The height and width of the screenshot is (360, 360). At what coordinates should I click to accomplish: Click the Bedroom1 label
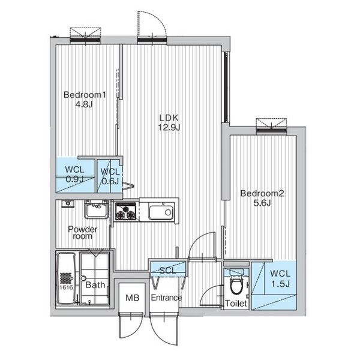coord(85,95)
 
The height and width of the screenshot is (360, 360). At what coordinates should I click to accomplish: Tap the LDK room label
coord(169,118)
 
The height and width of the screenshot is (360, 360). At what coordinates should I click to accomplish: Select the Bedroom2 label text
coord(262,193)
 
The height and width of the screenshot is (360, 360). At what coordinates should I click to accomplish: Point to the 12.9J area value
coord(169,127)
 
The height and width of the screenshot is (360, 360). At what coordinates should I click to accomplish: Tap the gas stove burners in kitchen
coord(125,211)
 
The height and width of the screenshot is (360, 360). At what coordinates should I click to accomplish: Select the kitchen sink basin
coord(161,212)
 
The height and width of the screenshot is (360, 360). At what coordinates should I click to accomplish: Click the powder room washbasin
coord(96,209)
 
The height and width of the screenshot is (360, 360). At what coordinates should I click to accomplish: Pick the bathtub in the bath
coord(66,278)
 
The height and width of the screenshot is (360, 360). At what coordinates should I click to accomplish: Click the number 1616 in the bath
coord(67,287)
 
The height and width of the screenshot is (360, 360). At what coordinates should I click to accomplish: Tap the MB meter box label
coord(133,298)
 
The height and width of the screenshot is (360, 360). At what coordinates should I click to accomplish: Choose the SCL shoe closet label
coord(168,271)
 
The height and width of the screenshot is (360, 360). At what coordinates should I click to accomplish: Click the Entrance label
coord(166,298)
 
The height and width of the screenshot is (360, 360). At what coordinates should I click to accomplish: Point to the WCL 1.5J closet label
coord(280,279)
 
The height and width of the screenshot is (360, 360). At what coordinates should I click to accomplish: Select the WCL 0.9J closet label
coord(74,174)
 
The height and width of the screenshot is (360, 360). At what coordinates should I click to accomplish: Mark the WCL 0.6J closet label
coord(110,176)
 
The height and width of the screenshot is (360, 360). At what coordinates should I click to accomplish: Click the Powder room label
coord(82,232)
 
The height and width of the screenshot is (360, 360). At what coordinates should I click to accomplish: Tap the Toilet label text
coord(236,303)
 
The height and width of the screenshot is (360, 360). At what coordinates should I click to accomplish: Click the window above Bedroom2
coord(271,130)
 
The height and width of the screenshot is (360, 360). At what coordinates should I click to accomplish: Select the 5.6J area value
coord(262,203)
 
